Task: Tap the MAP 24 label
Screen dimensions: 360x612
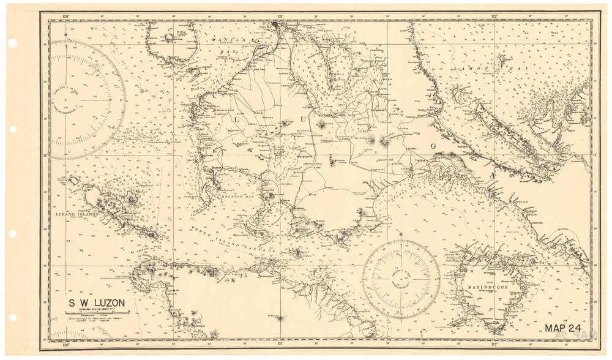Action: point(562,328)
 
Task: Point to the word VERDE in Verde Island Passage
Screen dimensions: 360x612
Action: point(200,230)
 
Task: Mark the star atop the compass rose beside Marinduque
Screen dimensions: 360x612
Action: point(401,234)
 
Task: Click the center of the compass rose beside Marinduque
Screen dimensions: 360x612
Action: point(401,279)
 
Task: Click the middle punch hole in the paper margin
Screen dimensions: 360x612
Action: point(12,130)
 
